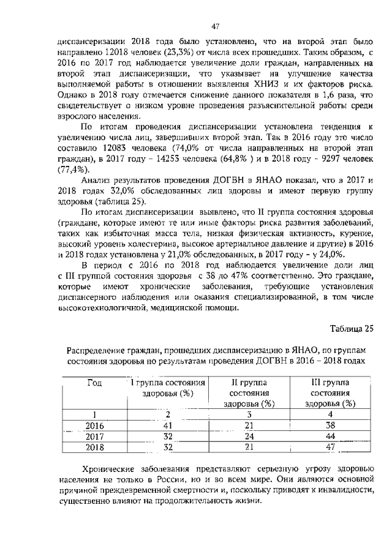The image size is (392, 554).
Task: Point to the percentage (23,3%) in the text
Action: [178, 53]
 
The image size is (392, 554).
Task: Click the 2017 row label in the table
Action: [95, 436]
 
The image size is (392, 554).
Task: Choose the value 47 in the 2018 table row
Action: [330, 447]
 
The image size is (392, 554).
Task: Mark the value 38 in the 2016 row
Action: [330, 425]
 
